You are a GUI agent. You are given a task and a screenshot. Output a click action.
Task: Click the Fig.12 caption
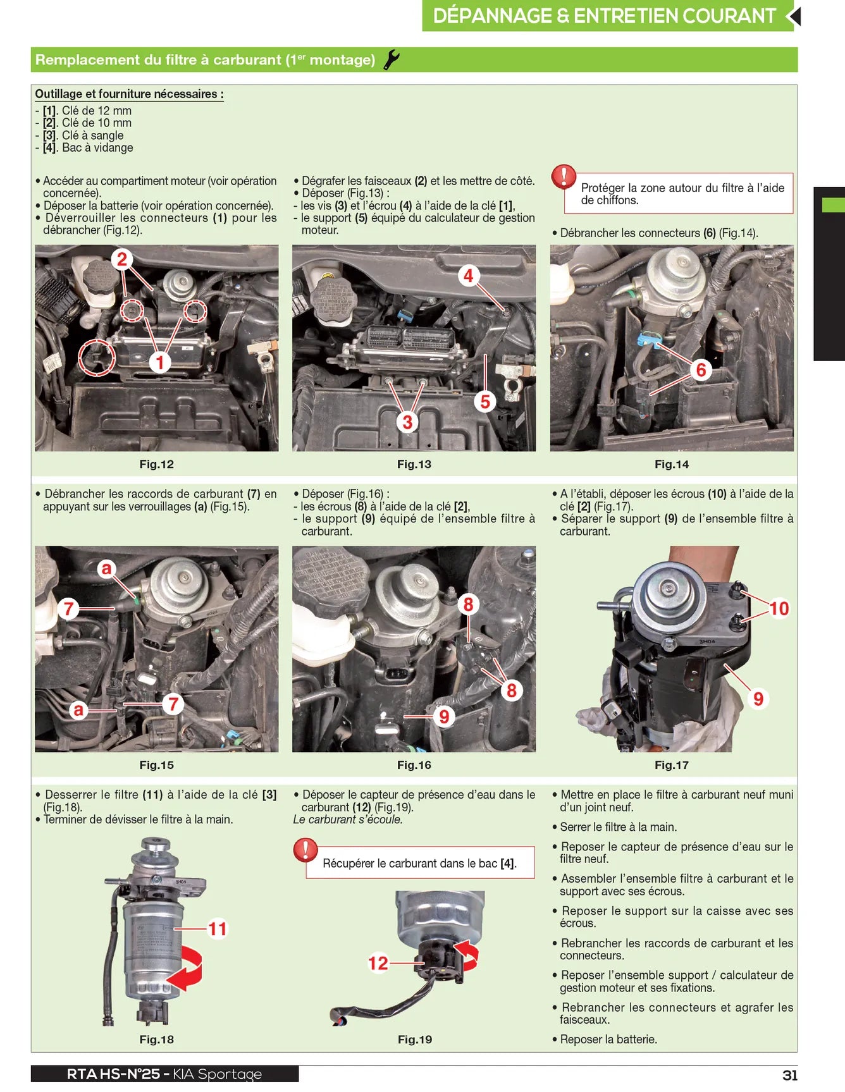pyautogui.click(x=156, y=464)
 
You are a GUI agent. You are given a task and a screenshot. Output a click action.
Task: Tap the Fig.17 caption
pyautogui.click(x=672, y=765)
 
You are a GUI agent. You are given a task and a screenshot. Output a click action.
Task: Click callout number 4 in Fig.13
pyautogui.click(x=468, y=276)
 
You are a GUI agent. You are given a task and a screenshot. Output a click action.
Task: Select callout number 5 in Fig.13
pyautogui.click(x=485, y=402)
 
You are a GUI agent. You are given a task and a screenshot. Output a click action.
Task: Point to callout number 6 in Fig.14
pyautogui.click(x=701, y=370)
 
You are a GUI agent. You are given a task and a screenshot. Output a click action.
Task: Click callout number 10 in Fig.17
pyautogui.click(x=779, y=608)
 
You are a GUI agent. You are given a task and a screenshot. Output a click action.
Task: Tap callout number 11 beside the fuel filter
pyautogui.click(x=218, y=929)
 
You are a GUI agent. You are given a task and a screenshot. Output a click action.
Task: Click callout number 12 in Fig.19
pyautogui.click(x=378, y=963)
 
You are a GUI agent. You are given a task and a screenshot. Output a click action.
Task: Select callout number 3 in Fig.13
pyautogui.click(x=407, y=422)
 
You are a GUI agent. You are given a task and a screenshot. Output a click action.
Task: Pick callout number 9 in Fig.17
pyautogui.click(x=758, y=699)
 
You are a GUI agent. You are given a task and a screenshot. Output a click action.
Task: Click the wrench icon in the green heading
pyautogui.click(x=392, y=59)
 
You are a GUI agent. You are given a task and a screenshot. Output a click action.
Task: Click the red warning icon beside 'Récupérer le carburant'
pyautogui.click(x=305, y=850)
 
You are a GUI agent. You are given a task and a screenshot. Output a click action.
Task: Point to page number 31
pyautogui.click(x=790, y=1075)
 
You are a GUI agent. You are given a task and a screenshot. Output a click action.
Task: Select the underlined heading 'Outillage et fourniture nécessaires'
pyautogui.click(x=129, y=94)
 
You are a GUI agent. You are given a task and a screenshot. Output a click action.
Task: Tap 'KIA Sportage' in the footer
pyautogui.click(x=217, y=1074)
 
